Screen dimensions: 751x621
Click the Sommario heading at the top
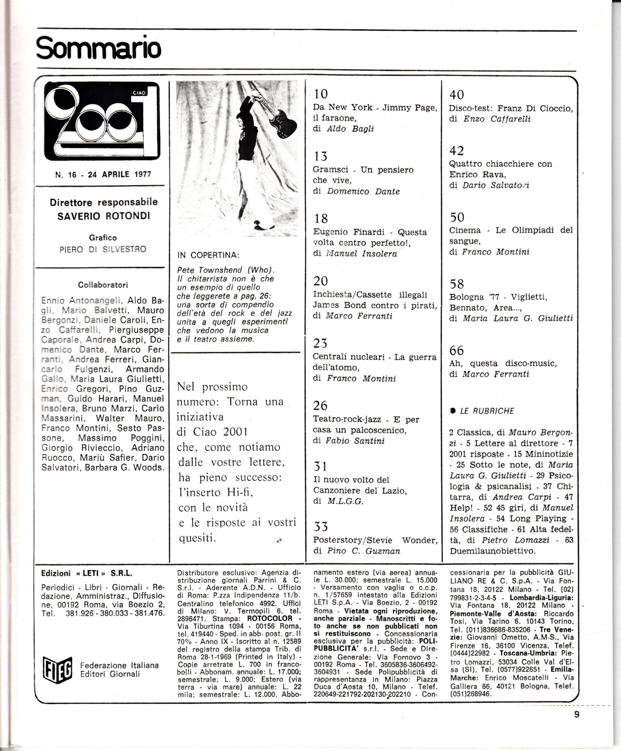[99, 49]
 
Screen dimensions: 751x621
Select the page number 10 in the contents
[321, 94]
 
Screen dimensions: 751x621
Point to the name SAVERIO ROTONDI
[104, 216]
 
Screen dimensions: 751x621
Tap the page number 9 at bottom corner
[577, 714]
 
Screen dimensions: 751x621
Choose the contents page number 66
[456, 350]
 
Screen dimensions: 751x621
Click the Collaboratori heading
[103, 285]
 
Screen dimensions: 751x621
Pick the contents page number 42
[457, 151]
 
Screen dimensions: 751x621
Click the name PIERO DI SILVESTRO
[103, 249]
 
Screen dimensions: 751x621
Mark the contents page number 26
[320, 405]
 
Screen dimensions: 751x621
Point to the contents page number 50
[457, 217]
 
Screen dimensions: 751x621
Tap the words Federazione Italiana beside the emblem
[119, 665]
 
